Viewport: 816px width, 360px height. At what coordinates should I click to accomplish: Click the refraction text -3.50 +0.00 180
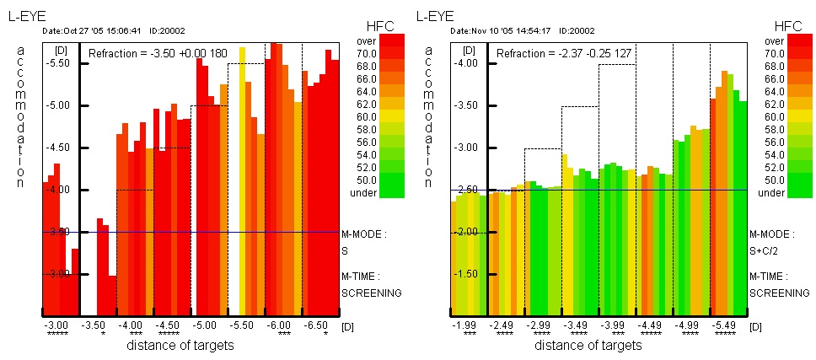coord(158,53)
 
